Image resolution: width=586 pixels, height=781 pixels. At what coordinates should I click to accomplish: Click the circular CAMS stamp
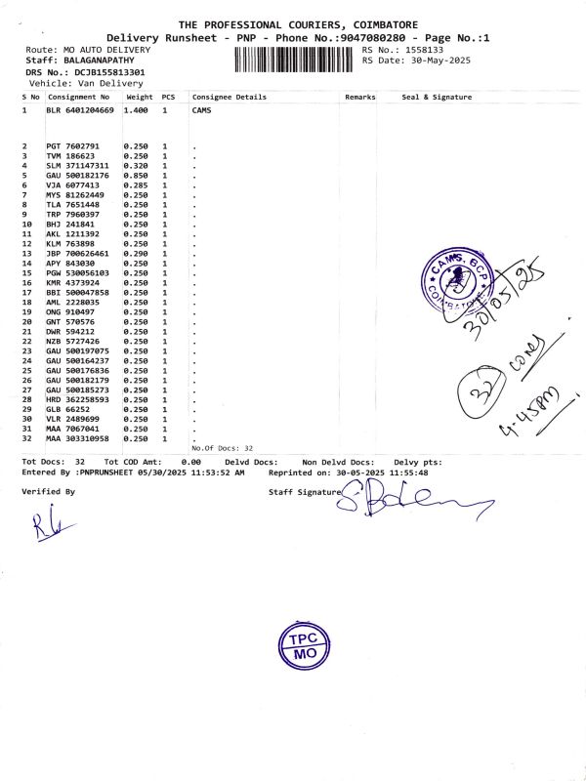coord(455,281)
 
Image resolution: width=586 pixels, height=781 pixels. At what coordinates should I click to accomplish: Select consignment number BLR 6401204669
coord(80,110)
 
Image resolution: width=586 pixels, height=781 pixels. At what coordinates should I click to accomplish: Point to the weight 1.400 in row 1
coord(138,110)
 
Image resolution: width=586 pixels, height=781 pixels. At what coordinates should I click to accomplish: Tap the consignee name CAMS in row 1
coord(202,110)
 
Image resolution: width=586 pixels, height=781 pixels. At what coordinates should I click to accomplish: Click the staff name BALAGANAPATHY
coord(105,61)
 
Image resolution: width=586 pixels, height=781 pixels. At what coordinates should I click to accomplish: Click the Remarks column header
coord(359,98)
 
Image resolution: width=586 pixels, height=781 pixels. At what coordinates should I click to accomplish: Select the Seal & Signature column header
coord(437,98)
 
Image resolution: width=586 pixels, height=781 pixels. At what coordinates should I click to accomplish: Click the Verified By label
coord(48,492)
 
